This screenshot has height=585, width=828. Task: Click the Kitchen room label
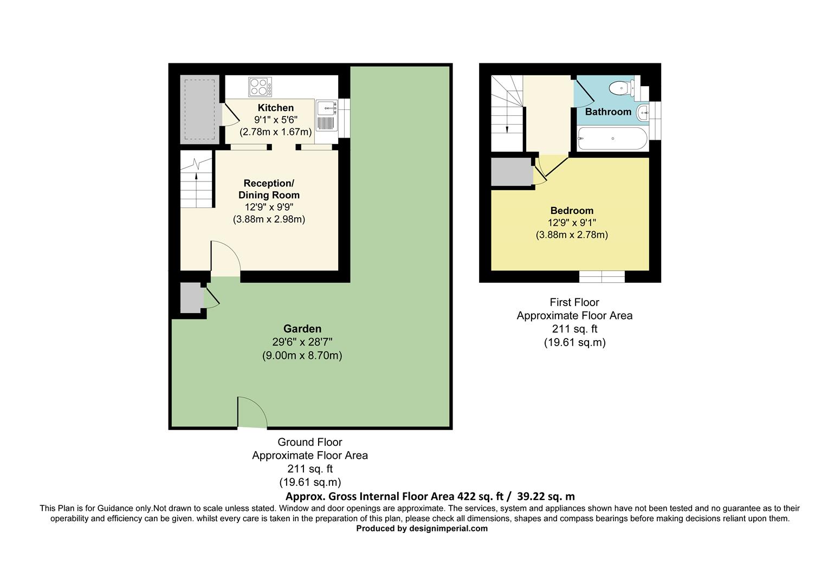[x=275, y=108]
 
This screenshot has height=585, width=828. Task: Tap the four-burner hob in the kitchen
[x=260, y=87]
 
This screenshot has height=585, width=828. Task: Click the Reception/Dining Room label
[x=269, y=189]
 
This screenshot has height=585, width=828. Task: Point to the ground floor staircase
[x=196, y=180]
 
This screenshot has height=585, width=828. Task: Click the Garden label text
[x=302, y=329]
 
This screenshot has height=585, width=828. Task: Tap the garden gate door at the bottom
[x=252, y=413]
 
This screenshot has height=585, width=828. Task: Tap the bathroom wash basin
[x=642, y=113]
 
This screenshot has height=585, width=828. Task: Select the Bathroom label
[x=608, y=112]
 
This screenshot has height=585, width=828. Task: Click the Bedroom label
[x=572, y=211]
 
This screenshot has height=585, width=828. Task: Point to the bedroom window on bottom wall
[x=601, y=277]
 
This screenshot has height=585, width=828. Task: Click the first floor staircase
[x=507, y=113]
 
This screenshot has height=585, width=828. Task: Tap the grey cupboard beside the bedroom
[x=512, y=172]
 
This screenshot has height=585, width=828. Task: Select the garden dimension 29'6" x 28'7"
[x=302, y=342]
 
